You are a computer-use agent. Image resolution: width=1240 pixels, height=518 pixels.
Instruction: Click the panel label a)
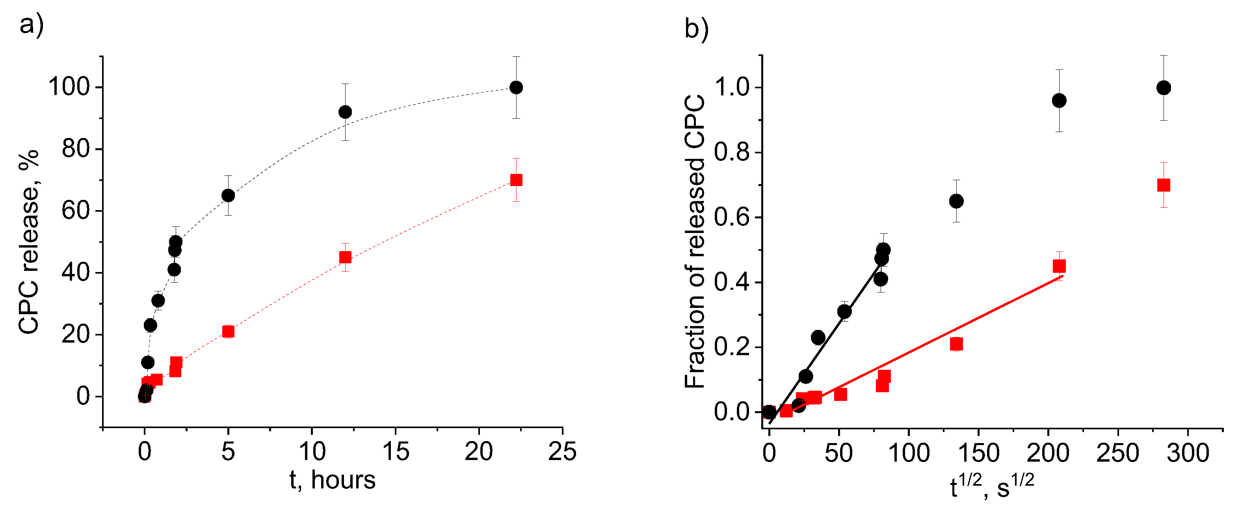[31, 24]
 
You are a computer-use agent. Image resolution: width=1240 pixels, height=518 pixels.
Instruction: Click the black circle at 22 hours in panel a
[516, 88]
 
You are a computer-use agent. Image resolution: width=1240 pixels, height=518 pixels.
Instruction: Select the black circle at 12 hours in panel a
[345, 112]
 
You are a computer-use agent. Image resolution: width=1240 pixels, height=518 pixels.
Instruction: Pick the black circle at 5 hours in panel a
[228, 196]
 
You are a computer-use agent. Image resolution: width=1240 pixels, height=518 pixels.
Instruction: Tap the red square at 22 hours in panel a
[516, 180]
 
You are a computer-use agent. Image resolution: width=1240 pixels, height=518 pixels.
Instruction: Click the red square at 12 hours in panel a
[345, 257]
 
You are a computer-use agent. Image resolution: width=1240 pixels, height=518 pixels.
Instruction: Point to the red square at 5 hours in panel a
[228, 331]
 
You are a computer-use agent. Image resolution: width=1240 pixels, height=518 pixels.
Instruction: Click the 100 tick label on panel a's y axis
[69, 87]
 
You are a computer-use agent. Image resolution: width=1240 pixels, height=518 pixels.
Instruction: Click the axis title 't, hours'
[332, 481]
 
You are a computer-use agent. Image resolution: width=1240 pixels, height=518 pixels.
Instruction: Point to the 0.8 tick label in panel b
[732, 153]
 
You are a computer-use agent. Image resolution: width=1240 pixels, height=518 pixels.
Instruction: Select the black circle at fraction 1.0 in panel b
[1164, 88]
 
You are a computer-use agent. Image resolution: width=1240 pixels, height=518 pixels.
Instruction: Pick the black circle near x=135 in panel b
[956, 201]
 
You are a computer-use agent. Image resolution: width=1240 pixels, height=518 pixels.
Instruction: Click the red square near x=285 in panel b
[1164, 185]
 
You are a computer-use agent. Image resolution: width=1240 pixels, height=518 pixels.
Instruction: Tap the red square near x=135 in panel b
[956, 344]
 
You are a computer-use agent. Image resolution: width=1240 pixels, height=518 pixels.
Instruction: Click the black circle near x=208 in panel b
[1059, 101]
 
